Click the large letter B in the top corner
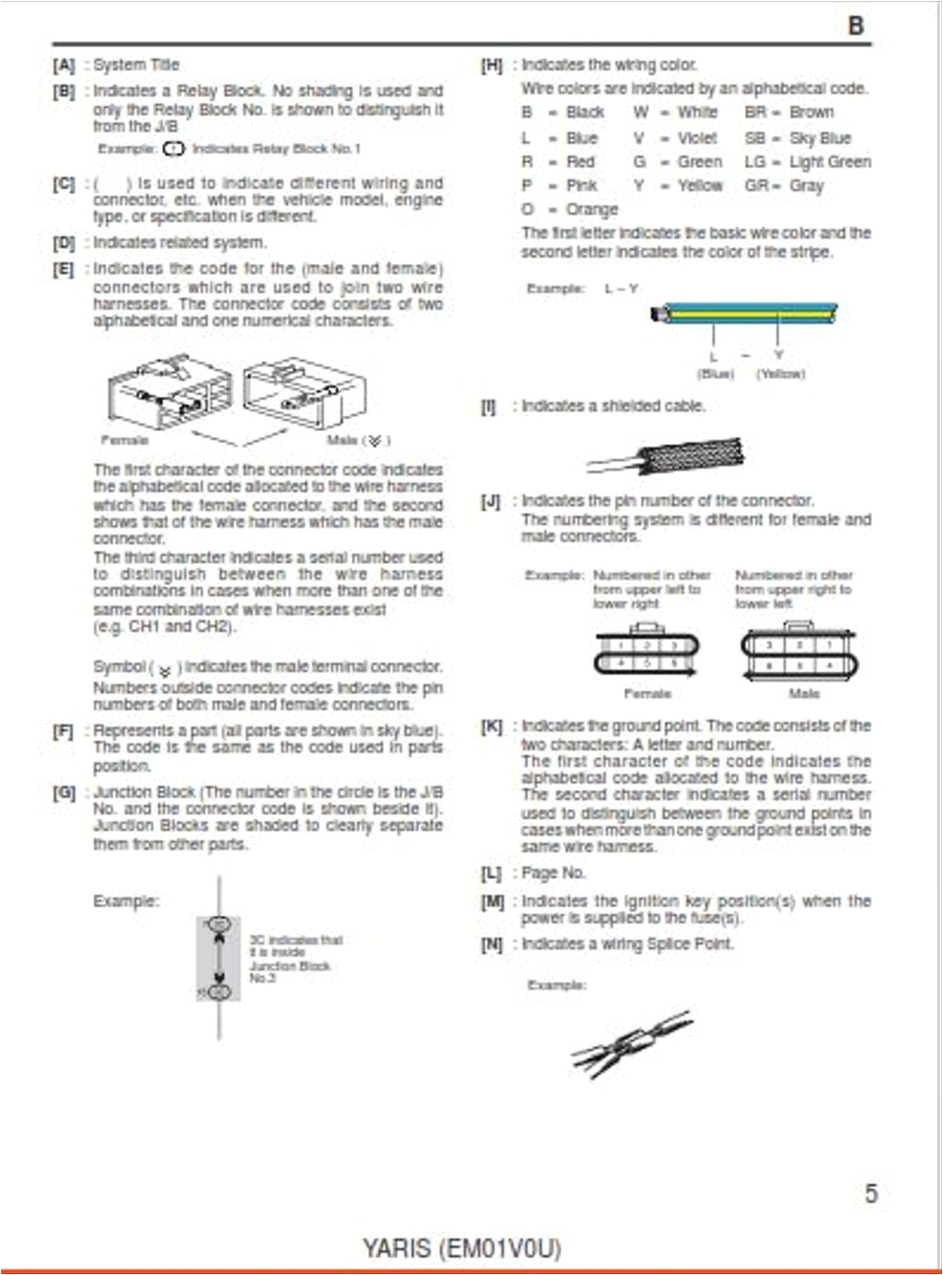point(855,25)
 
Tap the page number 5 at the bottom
point(870,1193)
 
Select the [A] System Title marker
point(63,65)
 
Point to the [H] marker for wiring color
point(491,65)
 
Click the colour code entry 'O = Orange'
point(570,209)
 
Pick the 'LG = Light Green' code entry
point(807,162)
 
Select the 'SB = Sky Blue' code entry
point(797,138)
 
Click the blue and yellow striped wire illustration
point(745,313)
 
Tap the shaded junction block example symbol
point(219,958)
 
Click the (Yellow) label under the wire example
point(780,374)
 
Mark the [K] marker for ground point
point(491,726)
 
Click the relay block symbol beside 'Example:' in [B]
point(174,149)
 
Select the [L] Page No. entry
point(534,873)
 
